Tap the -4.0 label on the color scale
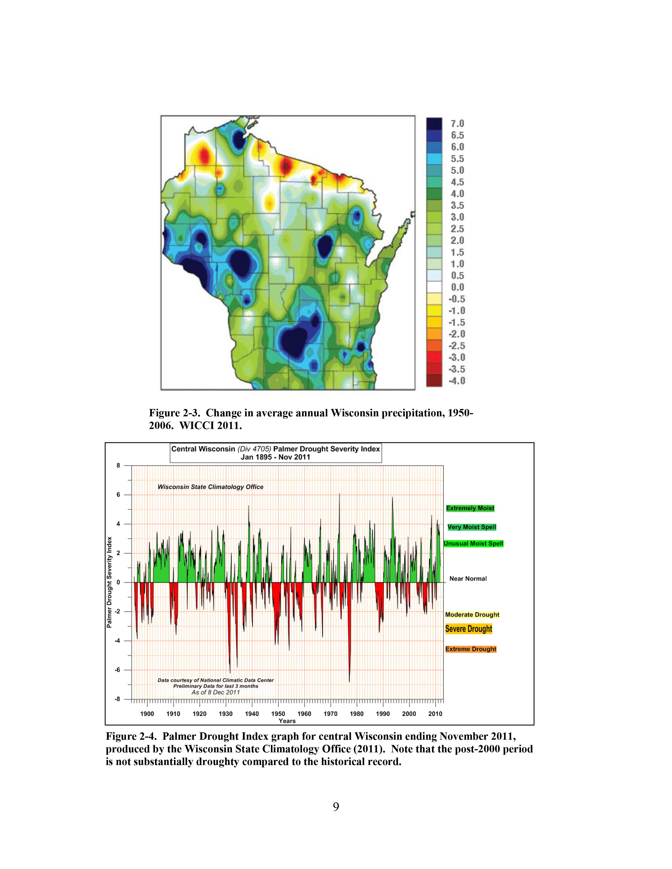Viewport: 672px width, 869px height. tap(457, 381)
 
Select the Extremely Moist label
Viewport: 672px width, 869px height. tap(470, 508)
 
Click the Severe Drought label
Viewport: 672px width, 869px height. tap(469, 629)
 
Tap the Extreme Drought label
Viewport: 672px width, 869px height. tap(471, 649)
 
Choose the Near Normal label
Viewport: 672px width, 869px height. tap(468, 579)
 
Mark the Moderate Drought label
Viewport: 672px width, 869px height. tap(472, 614)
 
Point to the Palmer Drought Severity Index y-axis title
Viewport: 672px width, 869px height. tap(109, 582)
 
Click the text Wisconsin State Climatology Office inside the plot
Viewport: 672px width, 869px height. tap(210, 487)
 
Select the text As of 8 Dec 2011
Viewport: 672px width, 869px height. tap(215, 692)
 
